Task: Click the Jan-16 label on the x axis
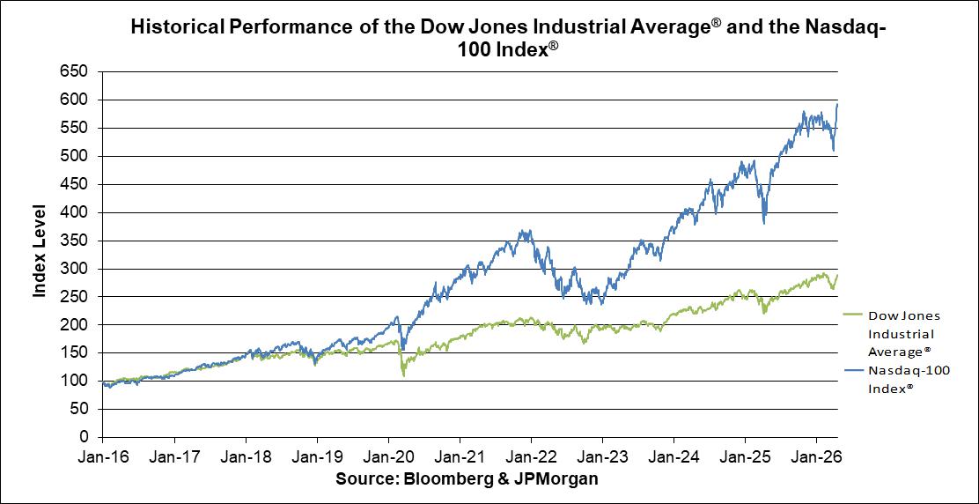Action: pos(103,457)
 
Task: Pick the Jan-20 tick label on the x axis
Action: pos(388,457)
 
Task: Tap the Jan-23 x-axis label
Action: pos(602,457)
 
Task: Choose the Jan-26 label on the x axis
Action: pos(816,457)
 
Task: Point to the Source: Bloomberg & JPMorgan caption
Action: pos(467,478)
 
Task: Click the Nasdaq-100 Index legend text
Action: pos(908,380)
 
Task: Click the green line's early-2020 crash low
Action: pos(404,375)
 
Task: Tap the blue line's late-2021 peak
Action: pos(526,231)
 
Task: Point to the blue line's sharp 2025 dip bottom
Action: pos(764,223)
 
